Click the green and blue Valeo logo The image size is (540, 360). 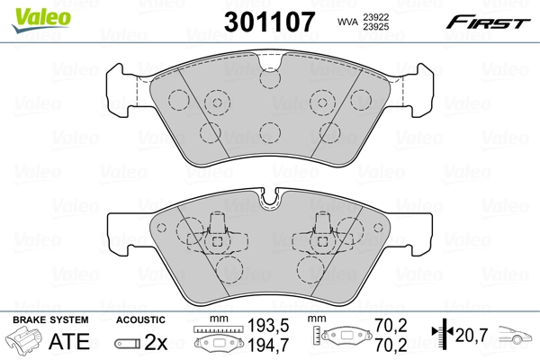coord(30,13)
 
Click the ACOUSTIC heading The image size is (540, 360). coord(140,319)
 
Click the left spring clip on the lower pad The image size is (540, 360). coord(216,232)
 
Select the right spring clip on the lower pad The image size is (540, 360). coord(322,232)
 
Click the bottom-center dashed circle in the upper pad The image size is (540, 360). coord(269,132)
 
